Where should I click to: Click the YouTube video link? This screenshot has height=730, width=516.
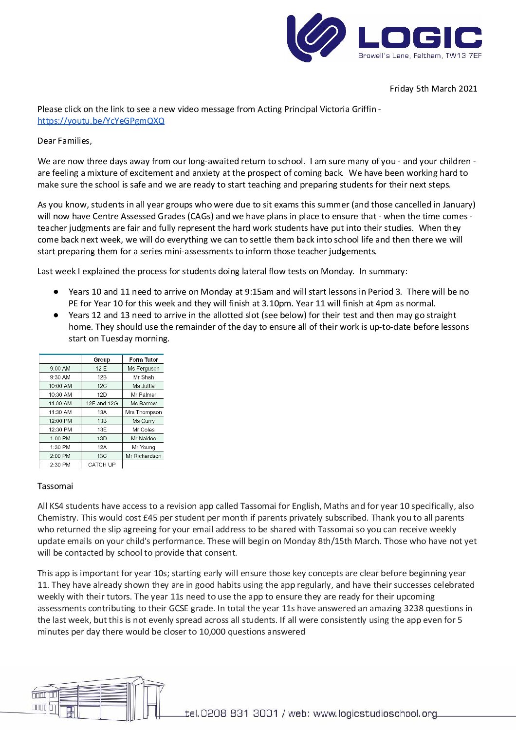click(x=101, y=121)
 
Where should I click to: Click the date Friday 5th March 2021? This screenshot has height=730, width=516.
click(x=433, y=89)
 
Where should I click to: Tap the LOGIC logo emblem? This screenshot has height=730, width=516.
click(x=316, y=37)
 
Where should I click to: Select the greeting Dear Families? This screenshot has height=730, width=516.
click(x=64, y=141)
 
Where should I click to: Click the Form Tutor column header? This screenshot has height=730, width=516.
click(x=144, y=360)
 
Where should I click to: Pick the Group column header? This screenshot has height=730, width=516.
click(x=102, y=360)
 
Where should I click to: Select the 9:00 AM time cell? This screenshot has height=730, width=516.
click(x=60, y=369)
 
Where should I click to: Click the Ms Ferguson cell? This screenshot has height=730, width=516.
click(x=144, y=369)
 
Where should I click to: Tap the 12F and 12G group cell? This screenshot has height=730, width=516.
click(x=102, y=403)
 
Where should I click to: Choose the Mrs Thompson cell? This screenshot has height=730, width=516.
click(x=144, y=412)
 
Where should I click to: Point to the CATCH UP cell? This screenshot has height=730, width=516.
click(x=102, y=465)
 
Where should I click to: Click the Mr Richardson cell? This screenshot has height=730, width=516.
click(x=144, y=456)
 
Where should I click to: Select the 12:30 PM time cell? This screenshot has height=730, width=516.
click(x=60, y=430)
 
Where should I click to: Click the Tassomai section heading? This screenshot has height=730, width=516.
click(x=55, y=486)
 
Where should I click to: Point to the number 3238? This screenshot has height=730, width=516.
click(x=413, y=608)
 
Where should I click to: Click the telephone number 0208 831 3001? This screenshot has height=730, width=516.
click(x=239, y=713)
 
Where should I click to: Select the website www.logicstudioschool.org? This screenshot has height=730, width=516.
click(x=375, y=713)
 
